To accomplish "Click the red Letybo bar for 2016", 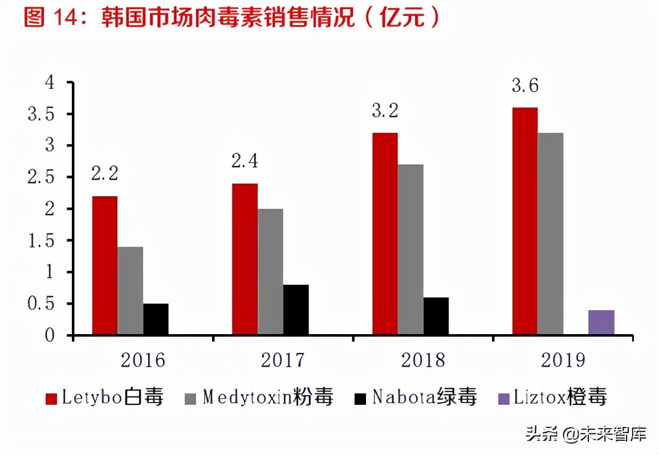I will pos(105,265).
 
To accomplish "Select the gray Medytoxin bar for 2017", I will pos(270,271).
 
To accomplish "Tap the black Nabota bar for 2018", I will pos(436,316).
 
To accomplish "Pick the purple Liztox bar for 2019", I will pos(601,322).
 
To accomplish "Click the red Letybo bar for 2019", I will pos(524,221).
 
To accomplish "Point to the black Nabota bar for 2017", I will pos(296,310).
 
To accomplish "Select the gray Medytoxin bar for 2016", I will pos(130,290).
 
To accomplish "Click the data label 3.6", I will pos(525,86).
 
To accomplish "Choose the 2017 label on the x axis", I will pos(283,360).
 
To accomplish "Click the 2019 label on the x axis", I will pos(563,360).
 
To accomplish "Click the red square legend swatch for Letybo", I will pos(52,398).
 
